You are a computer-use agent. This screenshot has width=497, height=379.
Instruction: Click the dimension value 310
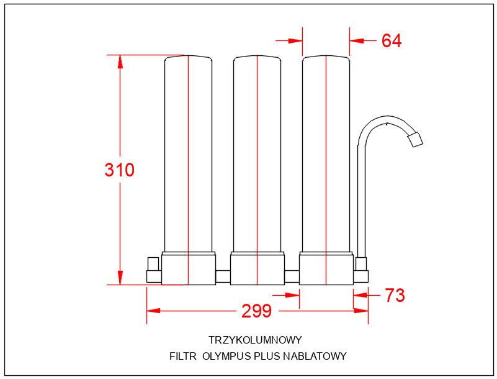120,170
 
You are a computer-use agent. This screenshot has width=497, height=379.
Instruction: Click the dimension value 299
257,311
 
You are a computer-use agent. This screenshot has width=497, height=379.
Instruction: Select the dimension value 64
392,41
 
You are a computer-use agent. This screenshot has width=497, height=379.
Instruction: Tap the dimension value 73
395,296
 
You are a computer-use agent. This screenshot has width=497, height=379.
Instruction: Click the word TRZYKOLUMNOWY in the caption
255,340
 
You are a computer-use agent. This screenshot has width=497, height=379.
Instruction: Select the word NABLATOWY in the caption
315,357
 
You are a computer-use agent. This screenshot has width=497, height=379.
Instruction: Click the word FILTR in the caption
183,357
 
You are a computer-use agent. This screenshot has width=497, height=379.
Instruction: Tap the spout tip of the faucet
415,140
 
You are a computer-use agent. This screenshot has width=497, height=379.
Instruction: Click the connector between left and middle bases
223,276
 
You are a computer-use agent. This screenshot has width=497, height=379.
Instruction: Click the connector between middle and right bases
292,276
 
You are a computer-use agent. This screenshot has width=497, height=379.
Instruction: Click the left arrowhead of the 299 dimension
153,311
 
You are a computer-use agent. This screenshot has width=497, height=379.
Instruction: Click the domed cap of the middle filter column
257,59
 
